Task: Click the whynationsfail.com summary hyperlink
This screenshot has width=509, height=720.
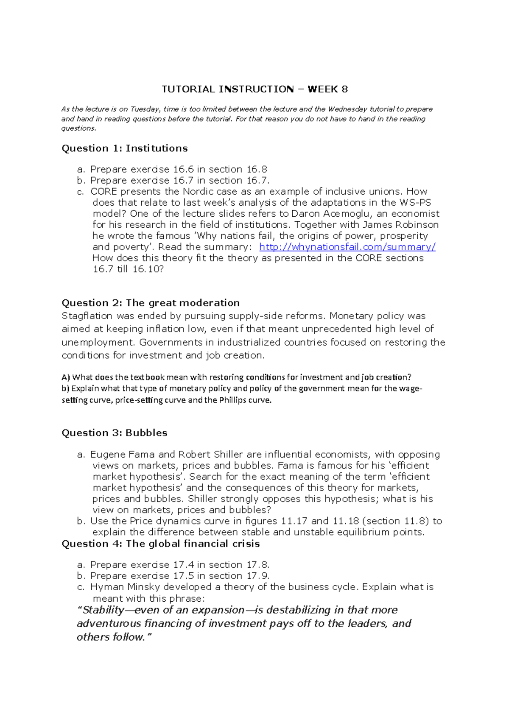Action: [347, 247]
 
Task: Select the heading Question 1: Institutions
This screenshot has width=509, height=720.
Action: [124, 148]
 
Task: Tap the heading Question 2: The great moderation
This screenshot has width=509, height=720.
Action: [151, 303]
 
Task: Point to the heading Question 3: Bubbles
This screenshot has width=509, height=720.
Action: [115, 433]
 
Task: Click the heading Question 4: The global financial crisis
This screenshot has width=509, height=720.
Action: [161, 544]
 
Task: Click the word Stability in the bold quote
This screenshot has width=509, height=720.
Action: [103, 610]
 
